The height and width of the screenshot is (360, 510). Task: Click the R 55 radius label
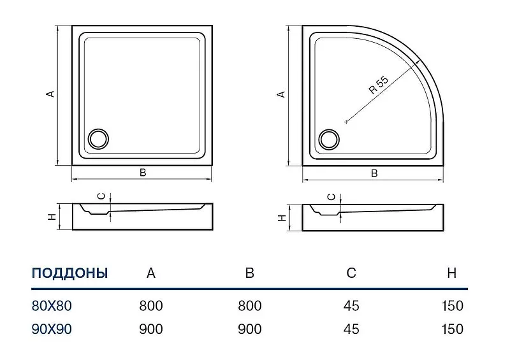379,85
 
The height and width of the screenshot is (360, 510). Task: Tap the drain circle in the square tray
99,139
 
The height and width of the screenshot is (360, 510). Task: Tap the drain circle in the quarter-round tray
329,140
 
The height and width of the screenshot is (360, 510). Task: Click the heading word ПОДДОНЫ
69,273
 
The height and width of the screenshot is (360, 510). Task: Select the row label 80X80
52,306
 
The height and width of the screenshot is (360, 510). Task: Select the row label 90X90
52,329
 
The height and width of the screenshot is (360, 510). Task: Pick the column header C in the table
351,273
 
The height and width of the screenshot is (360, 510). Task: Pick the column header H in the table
452,273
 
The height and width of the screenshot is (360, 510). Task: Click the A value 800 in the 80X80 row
151,306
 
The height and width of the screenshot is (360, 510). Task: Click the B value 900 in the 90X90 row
250,329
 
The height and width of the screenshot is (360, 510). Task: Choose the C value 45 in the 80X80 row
351,306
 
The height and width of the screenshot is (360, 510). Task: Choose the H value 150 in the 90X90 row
452,329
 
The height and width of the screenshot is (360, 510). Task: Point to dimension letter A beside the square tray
50,94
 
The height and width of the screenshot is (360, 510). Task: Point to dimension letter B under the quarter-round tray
374,173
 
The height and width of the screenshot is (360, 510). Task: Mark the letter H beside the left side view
52,217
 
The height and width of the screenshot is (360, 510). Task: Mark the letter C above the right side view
331,197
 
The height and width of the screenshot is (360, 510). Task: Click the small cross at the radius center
346,122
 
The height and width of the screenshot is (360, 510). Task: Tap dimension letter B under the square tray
143,173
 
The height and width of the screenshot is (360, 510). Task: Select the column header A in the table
151,273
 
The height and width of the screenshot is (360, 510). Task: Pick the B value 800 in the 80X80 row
250,306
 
